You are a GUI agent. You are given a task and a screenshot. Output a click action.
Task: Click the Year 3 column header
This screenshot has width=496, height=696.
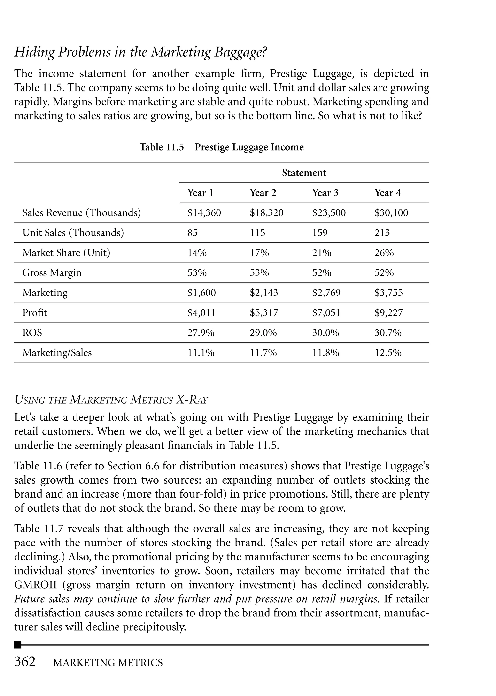325,193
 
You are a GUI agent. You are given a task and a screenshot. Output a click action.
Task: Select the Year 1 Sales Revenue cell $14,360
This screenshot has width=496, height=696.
204,213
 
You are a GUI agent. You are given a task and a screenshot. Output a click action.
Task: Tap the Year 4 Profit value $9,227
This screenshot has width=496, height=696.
388,313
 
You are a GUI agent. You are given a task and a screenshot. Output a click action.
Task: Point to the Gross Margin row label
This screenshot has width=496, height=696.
52,273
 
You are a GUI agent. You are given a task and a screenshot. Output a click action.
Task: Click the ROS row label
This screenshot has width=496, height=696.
32,333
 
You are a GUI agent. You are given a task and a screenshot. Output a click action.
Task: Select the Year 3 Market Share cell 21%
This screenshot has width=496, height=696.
321,253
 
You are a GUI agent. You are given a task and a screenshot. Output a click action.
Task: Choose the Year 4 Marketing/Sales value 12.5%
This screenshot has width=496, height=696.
388,353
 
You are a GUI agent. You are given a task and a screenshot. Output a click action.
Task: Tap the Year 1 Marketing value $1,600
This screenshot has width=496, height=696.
201,293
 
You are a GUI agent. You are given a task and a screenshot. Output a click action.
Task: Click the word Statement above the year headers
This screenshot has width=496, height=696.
304,173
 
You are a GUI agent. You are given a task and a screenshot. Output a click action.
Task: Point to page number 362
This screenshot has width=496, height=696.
25,662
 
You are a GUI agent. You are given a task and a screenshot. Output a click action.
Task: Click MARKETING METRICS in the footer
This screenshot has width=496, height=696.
108,663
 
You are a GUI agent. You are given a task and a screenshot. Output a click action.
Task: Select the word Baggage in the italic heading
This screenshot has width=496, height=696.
240,52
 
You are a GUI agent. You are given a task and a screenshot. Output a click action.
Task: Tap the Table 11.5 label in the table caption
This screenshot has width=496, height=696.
162,147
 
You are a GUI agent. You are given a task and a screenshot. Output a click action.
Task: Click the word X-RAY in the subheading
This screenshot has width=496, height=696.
192,400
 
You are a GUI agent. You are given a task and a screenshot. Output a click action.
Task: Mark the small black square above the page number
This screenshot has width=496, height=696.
18,645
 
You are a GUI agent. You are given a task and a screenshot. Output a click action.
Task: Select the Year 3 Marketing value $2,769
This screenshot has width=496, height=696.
326,293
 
